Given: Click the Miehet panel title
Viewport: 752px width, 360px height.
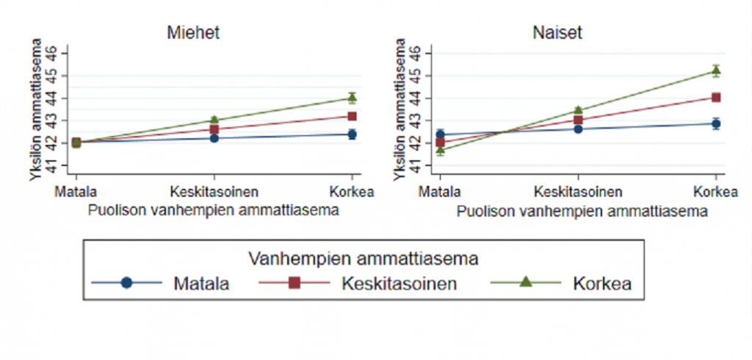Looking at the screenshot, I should click(193, 33).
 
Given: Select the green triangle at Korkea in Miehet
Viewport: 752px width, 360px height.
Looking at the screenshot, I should click(352, 98).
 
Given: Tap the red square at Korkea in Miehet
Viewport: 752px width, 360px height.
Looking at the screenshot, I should click(352, 116).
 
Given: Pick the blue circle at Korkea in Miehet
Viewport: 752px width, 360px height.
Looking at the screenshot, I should click(352, 134).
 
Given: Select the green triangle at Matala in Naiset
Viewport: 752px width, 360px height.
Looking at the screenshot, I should click(440, 151).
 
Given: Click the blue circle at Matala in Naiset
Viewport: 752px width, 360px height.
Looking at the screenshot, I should click(440, 134).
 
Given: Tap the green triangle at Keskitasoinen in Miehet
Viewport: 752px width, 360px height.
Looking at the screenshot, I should click(214, 120).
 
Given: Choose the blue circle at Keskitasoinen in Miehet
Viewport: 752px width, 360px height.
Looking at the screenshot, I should click(214, 138).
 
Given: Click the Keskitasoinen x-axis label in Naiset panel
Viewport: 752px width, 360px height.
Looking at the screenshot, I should click(578, 192).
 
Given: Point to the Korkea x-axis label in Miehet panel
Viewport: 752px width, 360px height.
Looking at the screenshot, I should click(352, 192).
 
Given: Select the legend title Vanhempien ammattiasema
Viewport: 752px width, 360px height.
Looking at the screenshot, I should click(364, 259).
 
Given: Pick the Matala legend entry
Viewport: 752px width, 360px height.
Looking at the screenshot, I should click(201, 283).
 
